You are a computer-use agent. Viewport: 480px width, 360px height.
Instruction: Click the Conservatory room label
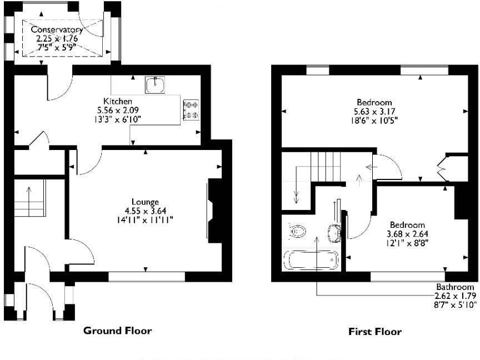57,29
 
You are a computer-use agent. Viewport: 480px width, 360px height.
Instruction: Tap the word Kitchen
113,101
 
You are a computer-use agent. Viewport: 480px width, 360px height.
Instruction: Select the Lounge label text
145,202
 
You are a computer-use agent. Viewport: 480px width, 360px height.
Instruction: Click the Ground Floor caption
117,331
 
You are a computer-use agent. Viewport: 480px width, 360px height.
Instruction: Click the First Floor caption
374,332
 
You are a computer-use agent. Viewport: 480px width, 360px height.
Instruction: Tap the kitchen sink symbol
155,84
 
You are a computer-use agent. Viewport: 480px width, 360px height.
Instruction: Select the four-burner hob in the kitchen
191,109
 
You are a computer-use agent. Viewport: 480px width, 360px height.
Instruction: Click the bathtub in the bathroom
311,260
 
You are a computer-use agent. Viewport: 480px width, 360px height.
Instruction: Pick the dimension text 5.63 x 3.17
374,111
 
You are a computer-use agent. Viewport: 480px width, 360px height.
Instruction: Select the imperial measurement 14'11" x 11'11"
145,219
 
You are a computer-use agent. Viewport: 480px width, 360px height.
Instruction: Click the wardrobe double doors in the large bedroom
442,168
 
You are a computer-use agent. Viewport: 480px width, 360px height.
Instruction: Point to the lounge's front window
147,276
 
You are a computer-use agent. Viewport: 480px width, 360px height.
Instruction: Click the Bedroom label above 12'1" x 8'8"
407,225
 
